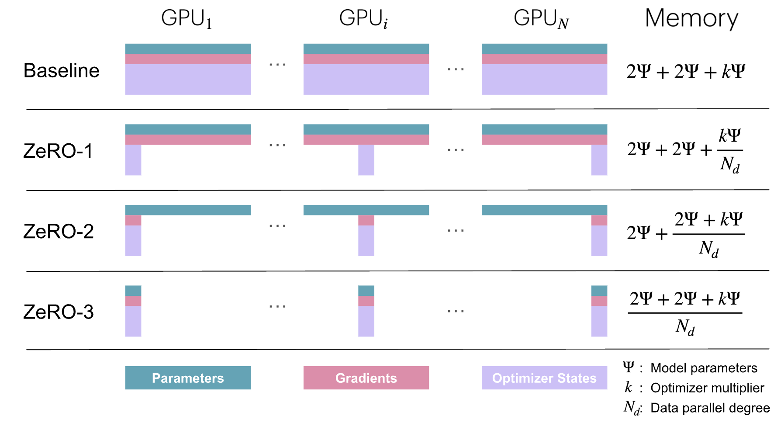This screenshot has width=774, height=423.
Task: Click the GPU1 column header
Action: tap(187, 19)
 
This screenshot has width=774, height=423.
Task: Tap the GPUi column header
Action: tap(363, 19)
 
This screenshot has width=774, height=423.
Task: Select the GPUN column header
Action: tap(541, 19)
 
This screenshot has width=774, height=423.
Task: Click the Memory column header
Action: tap(691, 19)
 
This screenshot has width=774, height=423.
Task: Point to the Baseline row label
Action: tap(62, 70)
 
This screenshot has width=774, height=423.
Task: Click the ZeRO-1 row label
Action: tap(58, 151)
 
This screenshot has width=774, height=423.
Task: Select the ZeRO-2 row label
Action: tap(59, 232)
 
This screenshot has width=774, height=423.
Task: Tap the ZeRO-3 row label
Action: tap(59, 312)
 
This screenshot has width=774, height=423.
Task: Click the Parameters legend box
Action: tap(188, 378)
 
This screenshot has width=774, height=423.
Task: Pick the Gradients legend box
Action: tap(366, 378)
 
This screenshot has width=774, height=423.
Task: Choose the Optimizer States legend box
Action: tap(544, 378)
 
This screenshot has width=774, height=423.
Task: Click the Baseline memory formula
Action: tap(686, 71)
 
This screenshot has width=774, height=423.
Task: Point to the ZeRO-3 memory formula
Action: tap(685, 313)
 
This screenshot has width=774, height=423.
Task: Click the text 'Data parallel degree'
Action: tap(710, 408)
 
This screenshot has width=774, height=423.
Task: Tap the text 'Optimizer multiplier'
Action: tap(707, 388)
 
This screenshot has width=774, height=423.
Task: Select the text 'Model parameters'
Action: tap(704, 368)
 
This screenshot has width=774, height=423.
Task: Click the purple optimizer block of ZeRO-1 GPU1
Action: tap(133, 160)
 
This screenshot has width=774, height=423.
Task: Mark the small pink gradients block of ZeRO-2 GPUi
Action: tap(366, 220)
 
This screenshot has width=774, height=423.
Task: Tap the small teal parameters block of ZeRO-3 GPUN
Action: tap(599, 291)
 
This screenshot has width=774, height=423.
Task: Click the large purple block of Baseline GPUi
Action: tap(366, 80)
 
